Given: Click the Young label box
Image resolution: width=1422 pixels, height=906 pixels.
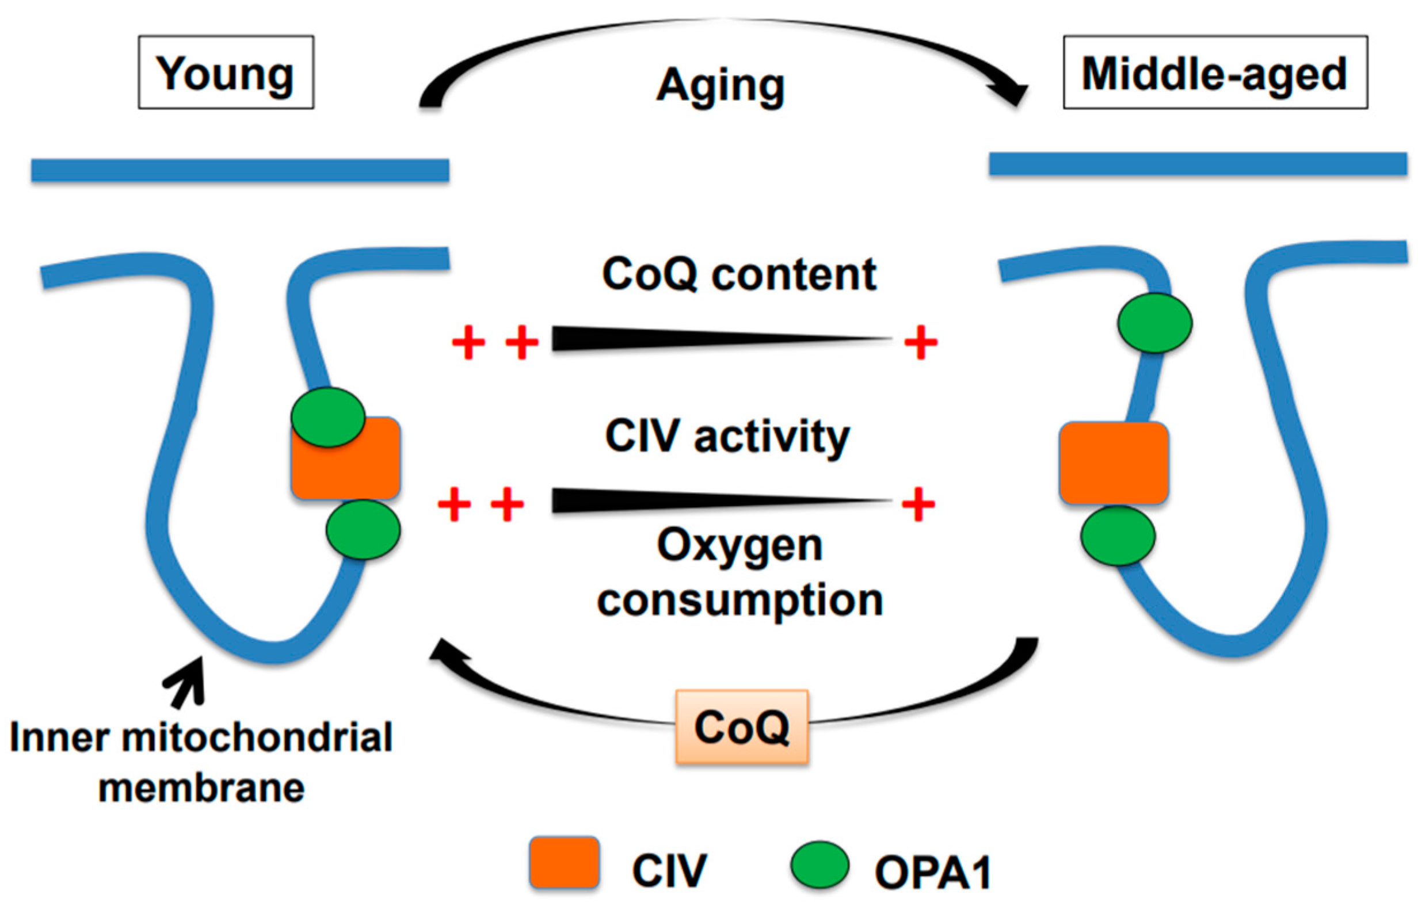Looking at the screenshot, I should tap(226, 72).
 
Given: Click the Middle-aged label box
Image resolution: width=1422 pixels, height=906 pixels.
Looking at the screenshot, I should tap(1215, 72).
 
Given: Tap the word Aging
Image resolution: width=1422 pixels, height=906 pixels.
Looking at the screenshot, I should tap(720, 87).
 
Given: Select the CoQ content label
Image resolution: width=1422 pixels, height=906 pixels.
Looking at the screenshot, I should tap(739, 274).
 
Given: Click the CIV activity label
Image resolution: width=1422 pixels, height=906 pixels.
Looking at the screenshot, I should tap(727, 437).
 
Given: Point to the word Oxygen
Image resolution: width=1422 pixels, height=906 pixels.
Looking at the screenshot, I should tap(739, 546).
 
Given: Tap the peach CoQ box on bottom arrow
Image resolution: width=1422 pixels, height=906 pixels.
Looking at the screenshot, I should tap(742, 727).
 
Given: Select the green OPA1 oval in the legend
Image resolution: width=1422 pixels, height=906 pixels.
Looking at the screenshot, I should tap(819, 865).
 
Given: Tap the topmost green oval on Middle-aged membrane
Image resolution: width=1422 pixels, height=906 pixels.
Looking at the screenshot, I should tap(1154, 323).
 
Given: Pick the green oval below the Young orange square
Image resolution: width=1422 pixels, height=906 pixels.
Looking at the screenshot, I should tap(363, 529).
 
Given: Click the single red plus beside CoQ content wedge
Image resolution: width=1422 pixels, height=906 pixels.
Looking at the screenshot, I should tap(921, 342).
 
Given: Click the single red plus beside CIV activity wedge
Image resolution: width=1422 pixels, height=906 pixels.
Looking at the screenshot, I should tap(918, 504).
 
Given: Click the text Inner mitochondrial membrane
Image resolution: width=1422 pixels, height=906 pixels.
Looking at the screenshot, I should tap(201, 762).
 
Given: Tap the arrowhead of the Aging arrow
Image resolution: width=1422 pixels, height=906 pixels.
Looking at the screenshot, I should tap(1013, 94).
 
